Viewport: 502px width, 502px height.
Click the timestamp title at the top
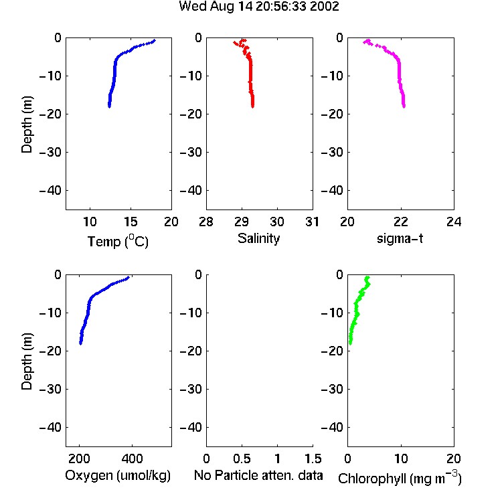click(x=258, y=7)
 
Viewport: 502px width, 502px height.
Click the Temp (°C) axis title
click(x=118, y=241)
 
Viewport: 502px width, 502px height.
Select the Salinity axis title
click(x=258, y=238)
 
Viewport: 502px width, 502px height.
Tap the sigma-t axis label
click(x=400, y=238)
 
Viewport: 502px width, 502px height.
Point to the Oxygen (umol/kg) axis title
click(x=118, y=475)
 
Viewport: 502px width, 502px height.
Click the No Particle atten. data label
click(x=258, y=475)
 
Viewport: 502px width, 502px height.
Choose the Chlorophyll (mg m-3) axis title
click(x=400, y=477)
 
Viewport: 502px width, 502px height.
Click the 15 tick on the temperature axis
click(x=131, y=222)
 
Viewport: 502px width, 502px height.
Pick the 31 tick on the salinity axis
click(x=312, y=222)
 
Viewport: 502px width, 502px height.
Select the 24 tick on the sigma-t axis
click(x=454, y=222)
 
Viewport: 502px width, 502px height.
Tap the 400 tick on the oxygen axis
click(x=132, y=458)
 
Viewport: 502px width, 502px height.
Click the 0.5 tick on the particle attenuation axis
click(x=242, y=458)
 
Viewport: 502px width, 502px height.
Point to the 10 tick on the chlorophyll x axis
click(x=401, y=458)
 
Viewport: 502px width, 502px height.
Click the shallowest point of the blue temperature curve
click(x=155, y=41)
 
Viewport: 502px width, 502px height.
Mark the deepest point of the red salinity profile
click(x=252, y=106)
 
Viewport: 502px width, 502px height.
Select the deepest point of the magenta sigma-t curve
click(x=404, y=106)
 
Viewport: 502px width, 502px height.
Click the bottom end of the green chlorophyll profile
click(x=350, y=343)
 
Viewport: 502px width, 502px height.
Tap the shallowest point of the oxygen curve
click(x=128, y=278)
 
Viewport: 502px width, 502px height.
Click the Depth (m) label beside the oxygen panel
click(x=27, y=361)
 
